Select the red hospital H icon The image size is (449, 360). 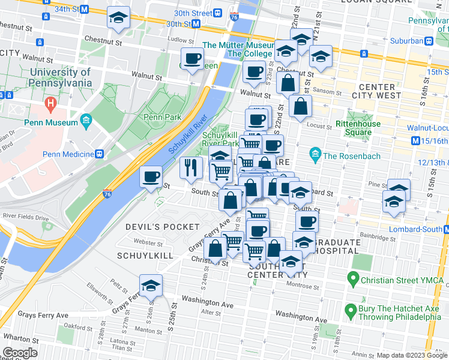[51, 104]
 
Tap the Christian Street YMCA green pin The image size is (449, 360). [352, 280]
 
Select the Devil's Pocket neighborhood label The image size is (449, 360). [154, 227]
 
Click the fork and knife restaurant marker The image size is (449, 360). [191, 168]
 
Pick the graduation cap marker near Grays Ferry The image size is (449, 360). [151, 285]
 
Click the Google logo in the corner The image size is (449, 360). [20, 353]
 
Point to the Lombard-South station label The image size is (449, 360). [412, 230]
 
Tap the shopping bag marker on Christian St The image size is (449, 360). [215, 249]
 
